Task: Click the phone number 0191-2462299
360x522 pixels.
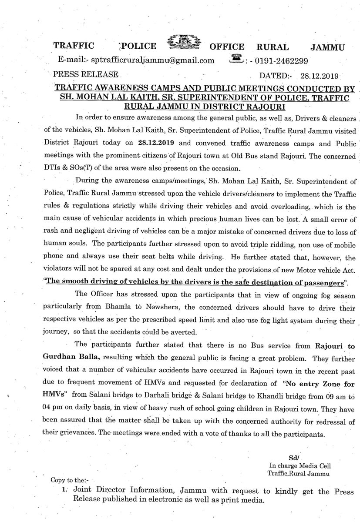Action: (283, 60)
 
